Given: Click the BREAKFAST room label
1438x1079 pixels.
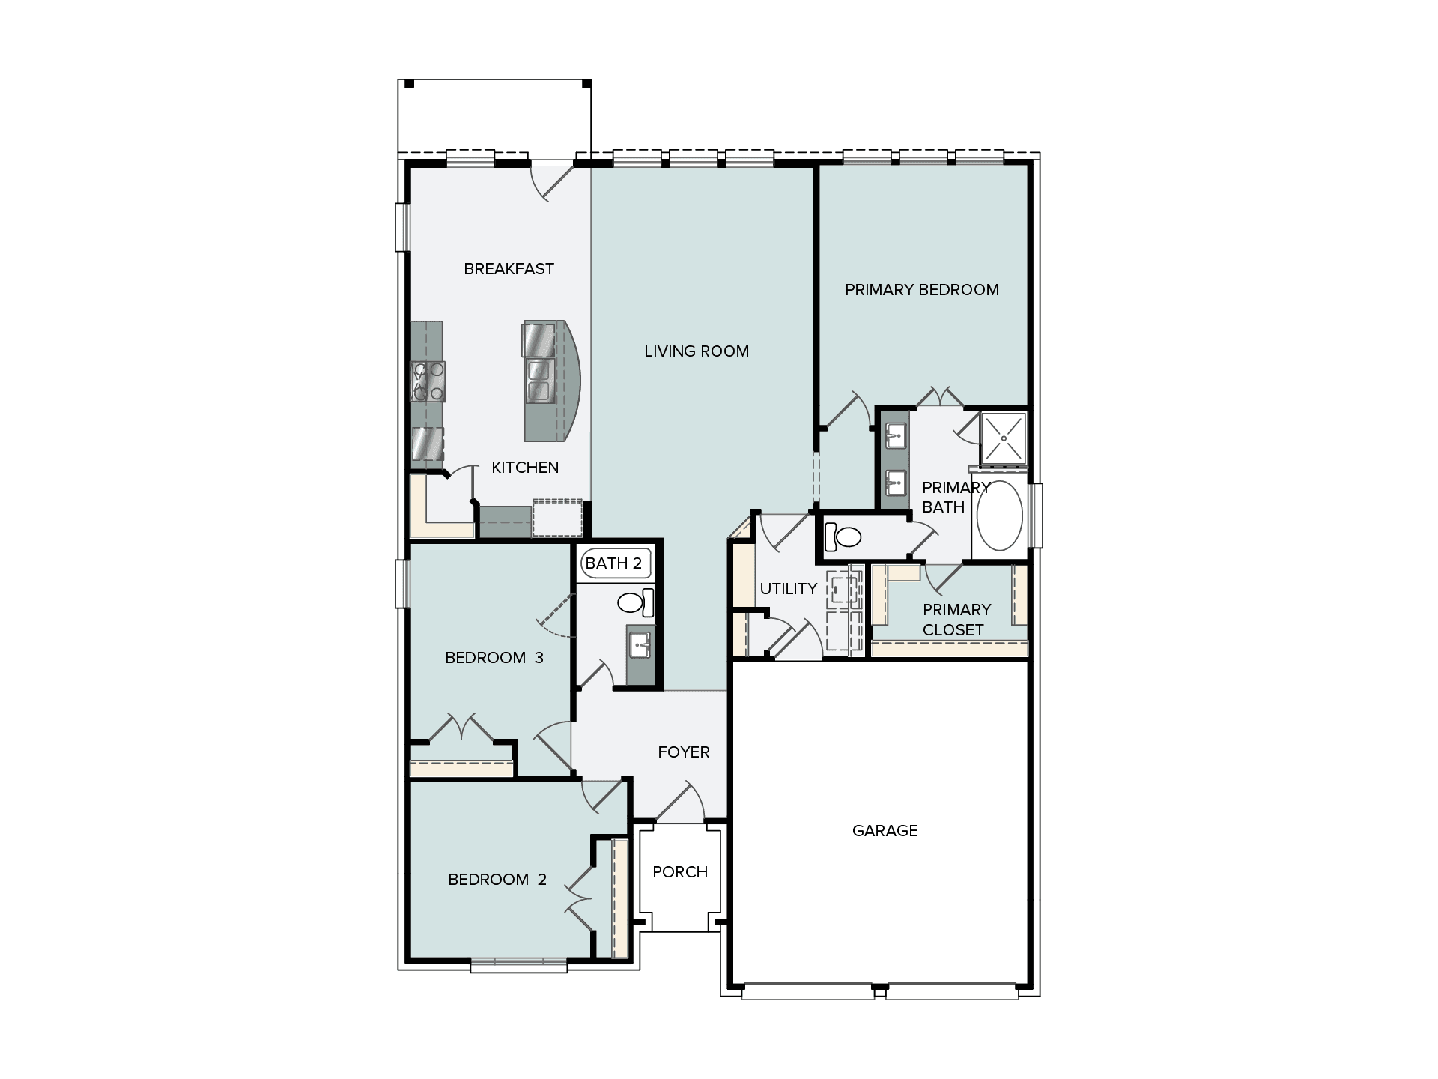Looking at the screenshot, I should [509, 269].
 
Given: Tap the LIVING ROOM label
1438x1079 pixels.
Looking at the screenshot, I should [697, 351].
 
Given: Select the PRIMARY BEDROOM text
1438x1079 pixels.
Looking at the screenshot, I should [921, 290].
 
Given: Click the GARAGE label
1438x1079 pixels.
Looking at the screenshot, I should [885, 831].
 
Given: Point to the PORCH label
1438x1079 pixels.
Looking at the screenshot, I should [680, 872].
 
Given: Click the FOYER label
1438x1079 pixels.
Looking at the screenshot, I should [683, 752].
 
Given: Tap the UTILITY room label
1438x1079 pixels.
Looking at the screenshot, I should [788, 589].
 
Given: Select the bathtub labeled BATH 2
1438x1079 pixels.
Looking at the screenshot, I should [613, 563].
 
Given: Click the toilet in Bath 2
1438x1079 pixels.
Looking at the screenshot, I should [635, 602].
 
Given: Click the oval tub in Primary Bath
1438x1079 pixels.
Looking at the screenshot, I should [1001, 516].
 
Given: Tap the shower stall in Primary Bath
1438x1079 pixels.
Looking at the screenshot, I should [1003, 437].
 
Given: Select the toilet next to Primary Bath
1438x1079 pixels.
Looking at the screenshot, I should [843, 537].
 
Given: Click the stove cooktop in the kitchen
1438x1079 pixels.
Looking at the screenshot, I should [428, 381].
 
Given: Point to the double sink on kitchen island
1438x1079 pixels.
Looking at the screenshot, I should [539, 381].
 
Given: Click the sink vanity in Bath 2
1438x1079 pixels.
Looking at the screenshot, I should [640, 644].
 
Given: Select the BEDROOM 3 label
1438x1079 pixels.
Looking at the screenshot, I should [494, 658].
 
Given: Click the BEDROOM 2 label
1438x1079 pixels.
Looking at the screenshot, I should [497, 880].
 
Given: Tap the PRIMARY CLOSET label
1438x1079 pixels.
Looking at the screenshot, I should [956, 620].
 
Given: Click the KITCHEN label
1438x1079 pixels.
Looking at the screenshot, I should [524, 468].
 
